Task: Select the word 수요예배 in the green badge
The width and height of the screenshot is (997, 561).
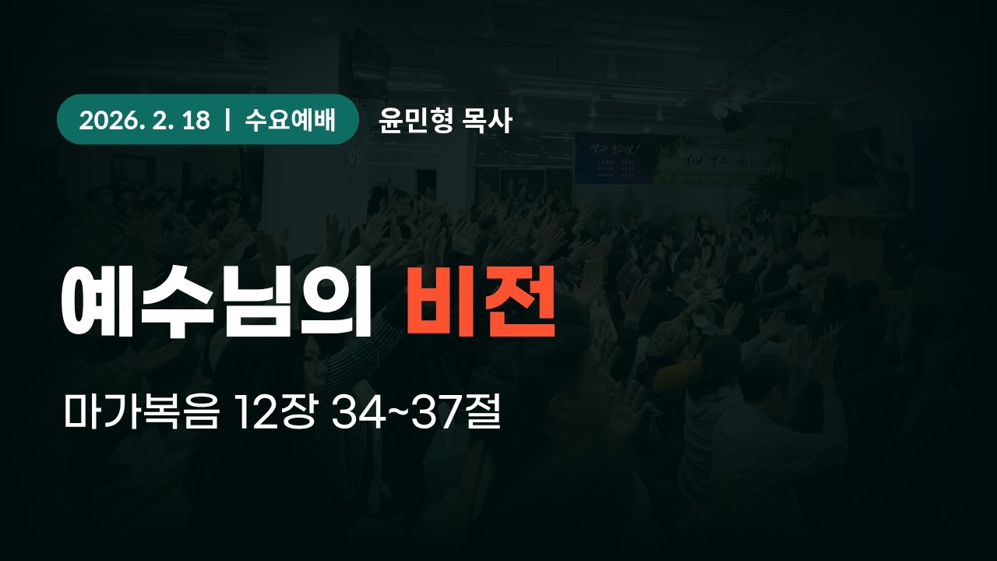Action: point(289,121)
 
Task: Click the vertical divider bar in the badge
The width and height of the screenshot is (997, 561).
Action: point(227,121)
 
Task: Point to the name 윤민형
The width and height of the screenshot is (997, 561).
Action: point(415,121)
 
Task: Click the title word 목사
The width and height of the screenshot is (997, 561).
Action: point(487,121)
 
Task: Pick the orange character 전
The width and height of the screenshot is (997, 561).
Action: point(518,302)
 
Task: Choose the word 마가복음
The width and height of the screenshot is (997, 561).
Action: point(143,415)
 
